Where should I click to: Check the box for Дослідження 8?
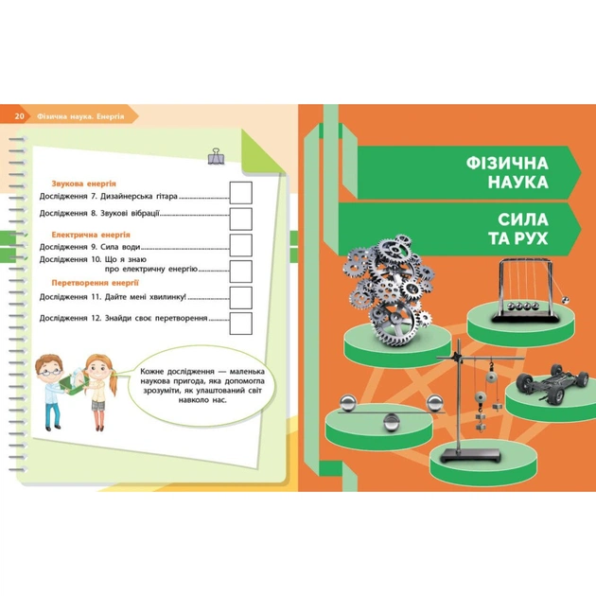pyautogui.click(x=241, y=219)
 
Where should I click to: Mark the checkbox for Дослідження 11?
pyautogui.click(x=241, y=297)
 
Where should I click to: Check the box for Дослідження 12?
pyautogui.click(x=241, y=322)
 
